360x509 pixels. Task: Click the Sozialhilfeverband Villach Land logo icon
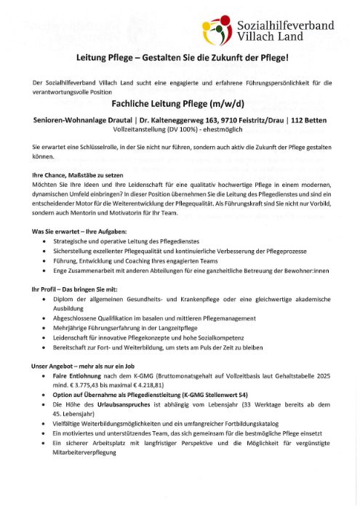[x=217, y=31]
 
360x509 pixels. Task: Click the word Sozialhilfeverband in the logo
[x=286, y=25]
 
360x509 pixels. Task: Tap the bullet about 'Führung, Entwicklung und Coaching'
[x=137, y=260]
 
